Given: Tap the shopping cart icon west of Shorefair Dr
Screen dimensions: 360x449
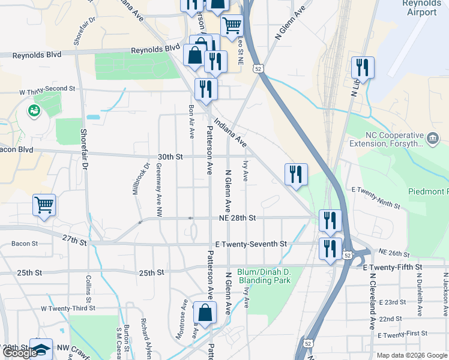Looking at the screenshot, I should point(44,205).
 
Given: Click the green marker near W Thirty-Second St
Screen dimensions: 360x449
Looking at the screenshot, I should point(34,110).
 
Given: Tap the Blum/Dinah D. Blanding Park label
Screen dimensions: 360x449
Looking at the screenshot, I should point(264,276).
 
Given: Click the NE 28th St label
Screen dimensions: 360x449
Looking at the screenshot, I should point(235,218).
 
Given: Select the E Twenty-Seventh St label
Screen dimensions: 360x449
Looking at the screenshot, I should point(251,244).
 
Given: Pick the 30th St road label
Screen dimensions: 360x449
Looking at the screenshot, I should point(170,157).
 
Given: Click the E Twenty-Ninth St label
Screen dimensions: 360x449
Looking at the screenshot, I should point(376,197).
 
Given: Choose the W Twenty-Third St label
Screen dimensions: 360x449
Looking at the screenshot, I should point(68,308).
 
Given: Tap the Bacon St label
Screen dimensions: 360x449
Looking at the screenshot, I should point(25,244).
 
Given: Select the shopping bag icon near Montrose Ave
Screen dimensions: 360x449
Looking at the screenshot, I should point(205,312).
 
